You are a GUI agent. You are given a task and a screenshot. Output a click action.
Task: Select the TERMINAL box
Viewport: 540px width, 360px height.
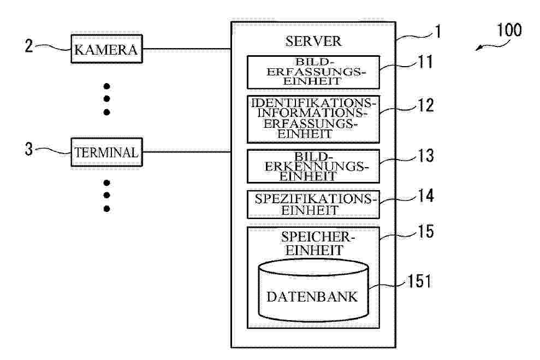106,152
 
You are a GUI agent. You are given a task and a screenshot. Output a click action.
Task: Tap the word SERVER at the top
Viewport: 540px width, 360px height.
313,42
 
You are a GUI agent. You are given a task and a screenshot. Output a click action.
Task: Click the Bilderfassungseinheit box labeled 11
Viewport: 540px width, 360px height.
313,72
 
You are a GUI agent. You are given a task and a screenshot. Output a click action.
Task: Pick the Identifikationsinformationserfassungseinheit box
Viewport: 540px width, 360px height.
313,119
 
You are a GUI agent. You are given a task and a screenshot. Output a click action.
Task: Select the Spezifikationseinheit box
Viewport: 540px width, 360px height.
313,204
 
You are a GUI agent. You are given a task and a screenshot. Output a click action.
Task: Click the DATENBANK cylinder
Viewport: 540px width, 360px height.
313,291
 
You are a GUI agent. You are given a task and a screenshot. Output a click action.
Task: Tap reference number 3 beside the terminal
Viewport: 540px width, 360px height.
28,149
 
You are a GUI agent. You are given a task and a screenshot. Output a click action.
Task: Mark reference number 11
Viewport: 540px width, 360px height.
424,62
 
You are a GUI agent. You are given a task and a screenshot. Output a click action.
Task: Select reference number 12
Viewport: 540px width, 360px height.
424,105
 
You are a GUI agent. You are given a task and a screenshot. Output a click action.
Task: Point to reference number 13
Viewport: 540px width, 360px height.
424,156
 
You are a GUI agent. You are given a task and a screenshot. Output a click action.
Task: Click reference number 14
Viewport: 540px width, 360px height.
424,196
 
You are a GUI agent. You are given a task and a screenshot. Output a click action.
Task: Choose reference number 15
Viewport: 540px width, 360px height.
424,232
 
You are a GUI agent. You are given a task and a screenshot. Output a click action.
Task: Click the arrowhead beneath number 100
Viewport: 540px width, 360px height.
478,49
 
